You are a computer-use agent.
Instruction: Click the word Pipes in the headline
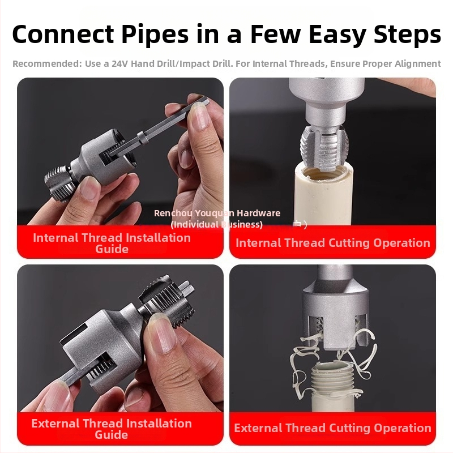155,35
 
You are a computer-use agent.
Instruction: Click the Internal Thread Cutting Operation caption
333,243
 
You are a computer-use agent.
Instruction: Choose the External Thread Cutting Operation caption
332,428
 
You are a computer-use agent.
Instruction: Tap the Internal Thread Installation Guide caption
112,243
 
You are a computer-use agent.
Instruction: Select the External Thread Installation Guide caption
112,429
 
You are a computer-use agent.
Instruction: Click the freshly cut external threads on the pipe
336,378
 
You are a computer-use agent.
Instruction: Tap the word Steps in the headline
407,35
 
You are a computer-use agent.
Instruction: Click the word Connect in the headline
63,35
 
